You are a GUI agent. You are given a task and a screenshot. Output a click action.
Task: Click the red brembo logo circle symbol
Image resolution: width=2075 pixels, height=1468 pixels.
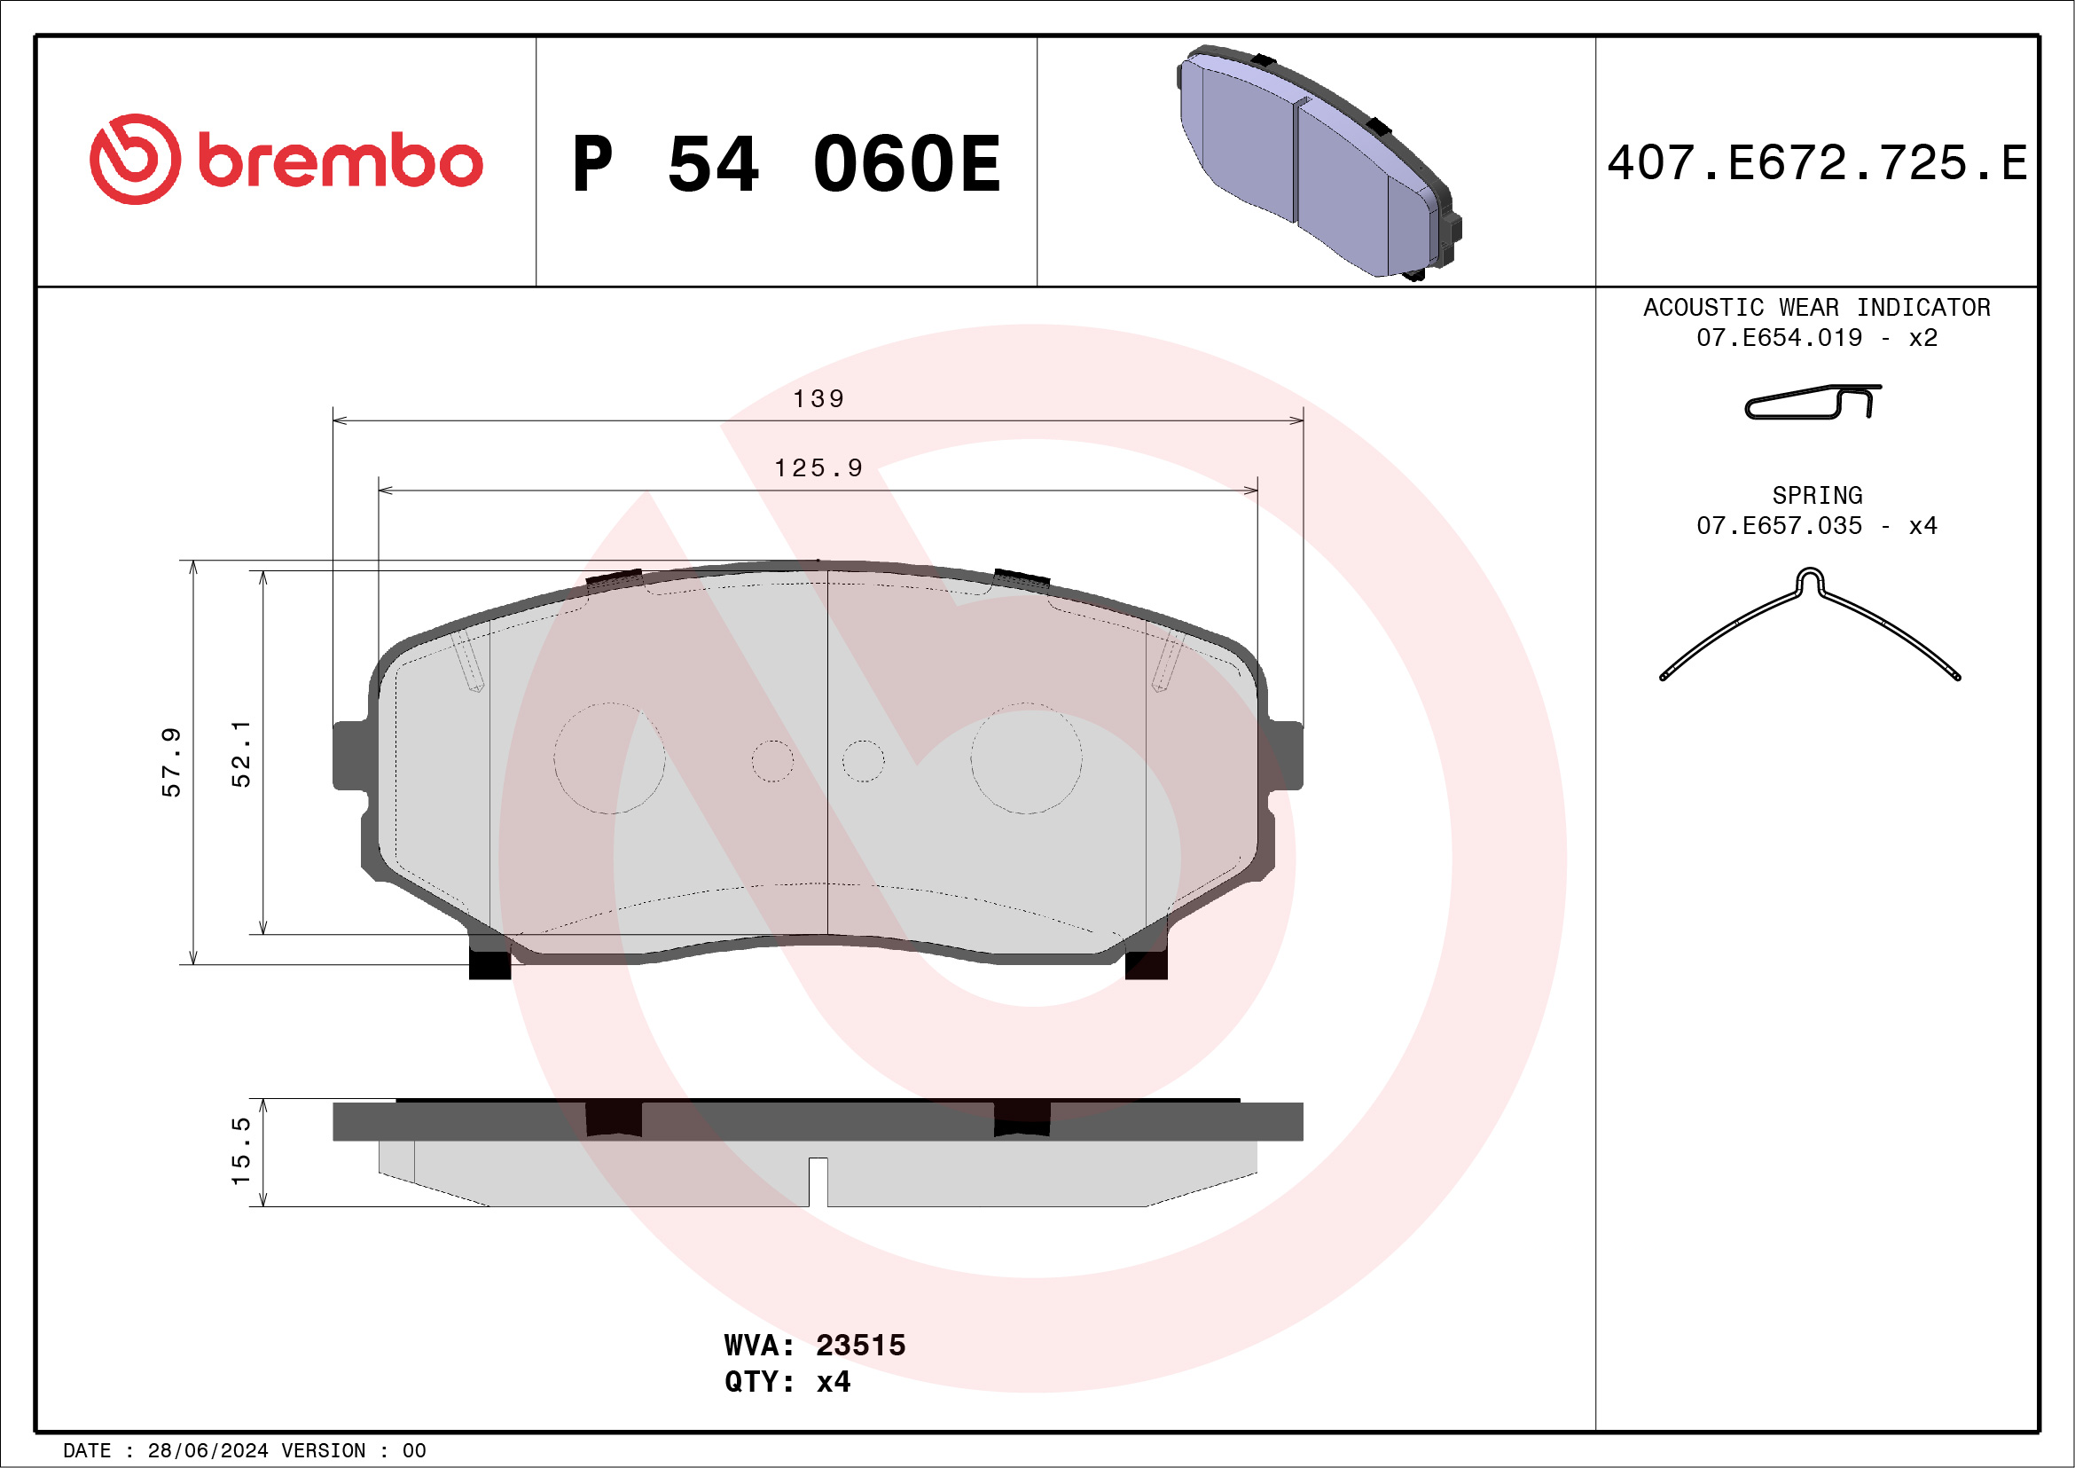pyautogui.click(x=135, y=159)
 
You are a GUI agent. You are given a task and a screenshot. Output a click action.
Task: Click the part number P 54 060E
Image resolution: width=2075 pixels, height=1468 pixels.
pyautogui.click(x=787, y=163)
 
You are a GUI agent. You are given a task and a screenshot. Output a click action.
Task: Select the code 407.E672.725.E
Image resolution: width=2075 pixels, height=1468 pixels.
pyautogui.click(x=1817, y=163)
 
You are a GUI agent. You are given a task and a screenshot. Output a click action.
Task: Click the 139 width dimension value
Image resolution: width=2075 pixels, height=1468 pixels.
pyautogui.click(x=818, y=398)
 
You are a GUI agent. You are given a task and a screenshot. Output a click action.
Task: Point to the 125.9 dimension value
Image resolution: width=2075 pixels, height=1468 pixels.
pyautogui.click(x=818, y=468)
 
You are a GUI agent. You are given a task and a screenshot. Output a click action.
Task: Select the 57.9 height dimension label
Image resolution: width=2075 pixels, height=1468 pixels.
pyautogui.click(x=172, y=762)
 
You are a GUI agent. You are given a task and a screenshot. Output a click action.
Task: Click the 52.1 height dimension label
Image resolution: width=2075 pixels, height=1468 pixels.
pyautogui.click(x=241, y=754)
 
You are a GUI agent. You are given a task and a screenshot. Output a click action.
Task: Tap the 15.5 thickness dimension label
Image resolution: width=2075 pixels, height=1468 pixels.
pyautogui.click(x=241, y=1151)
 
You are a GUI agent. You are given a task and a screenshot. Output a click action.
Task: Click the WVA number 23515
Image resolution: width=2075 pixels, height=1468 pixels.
pyautogui.click(x=859, y=1345)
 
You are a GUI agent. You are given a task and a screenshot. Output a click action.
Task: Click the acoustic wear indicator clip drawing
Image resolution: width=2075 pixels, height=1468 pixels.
pyautogui.click(x=1812, y=402)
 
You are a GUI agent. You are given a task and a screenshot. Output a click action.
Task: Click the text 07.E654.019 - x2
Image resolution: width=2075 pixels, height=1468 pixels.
pyautogui.click(x=1817, y=338)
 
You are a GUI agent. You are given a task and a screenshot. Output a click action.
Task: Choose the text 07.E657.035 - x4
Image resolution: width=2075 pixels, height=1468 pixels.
pyautogui.click(x=1817, y=526)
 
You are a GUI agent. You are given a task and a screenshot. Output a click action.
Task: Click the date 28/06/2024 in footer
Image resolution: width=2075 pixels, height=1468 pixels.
pyautogui.click(x=207, y=1451)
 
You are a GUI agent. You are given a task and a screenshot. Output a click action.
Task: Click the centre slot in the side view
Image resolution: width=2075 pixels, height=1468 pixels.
pyautogui.click(x=818, y=1181)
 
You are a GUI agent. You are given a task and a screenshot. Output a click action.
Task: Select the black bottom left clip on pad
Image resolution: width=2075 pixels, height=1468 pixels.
pyautogui.click(x=489, y=963)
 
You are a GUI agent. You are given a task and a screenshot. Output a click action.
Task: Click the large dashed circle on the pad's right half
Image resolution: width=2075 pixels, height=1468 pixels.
pyautogui.click(x=1026, y=758)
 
